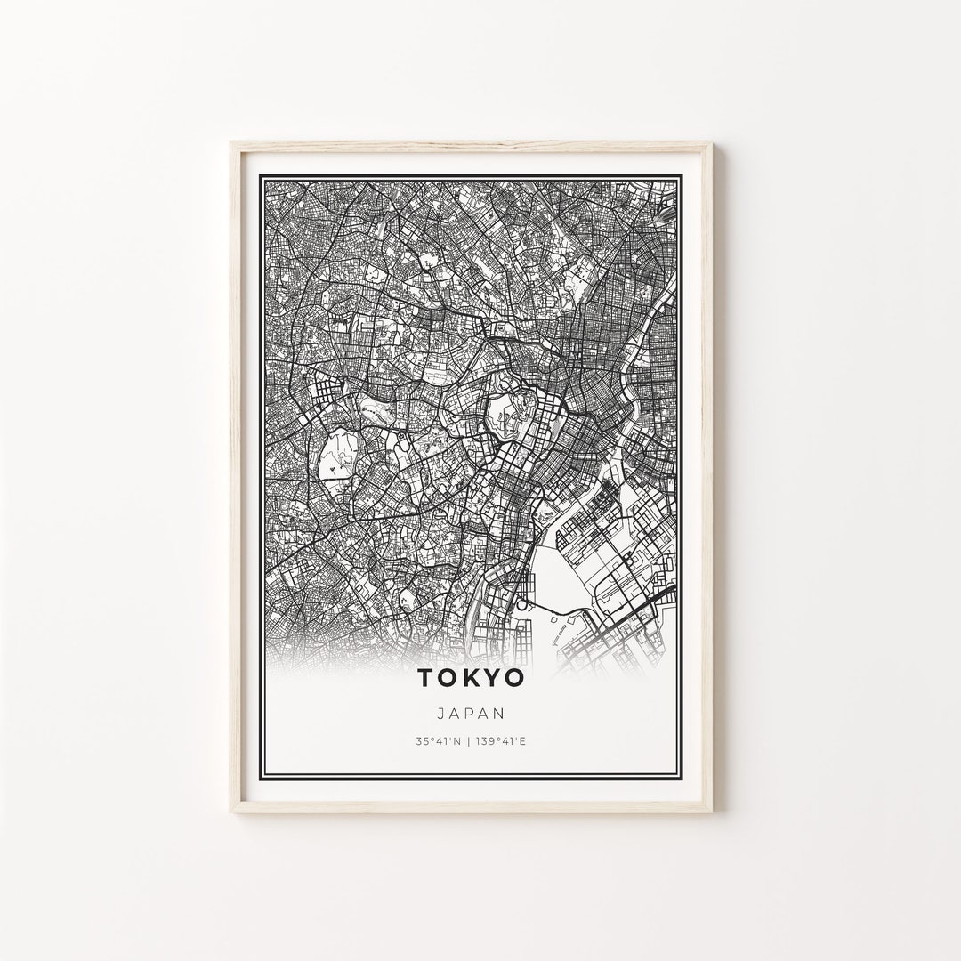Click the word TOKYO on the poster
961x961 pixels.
coord(470,679)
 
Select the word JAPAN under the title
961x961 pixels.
coord(471,713)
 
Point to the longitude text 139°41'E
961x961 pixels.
coord(502,739)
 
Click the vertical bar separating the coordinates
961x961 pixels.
coord(469,739)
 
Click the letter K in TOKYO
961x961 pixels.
coord(470,679)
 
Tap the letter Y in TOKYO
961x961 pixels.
coord(492,679)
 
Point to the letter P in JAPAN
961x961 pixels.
coord(471,713)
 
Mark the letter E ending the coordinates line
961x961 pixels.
coord(523,739)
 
